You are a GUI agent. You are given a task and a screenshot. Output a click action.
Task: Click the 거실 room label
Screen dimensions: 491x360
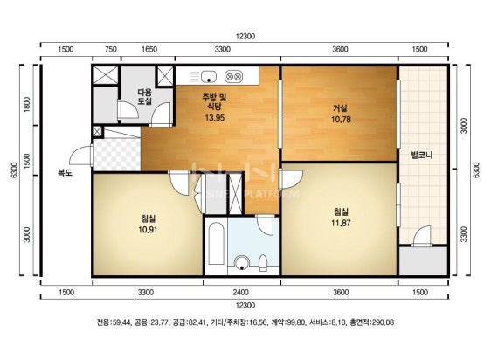tap(340, 108)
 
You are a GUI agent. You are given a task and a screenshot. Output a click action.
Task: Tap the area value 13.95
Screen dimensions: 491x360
tap(215, 118)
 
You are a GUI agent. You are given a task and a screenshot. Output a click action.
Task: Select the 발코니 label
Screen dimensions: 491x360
tap(421, 155)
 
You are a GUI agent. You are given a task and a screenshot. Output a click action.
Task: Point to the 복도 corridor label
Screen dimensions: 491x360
tap(65, 172)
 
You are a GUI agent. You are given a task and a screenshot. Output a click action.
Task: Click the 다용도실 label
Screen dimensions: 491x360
tap(145, 96)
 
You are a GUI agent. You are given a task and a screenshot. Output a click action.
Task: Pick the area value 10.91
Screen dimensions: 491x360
tap(148, 230)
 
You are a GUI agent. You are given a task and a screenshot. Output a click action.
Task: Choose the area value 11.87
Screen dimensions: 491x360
tap(341, 223)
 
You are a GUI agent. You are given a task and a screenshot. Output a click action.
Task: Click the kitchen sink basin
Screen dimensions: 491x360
tap(209, 76)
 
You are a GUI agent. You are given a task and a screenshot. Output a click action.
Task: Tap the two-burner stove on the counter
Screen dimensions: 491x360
tap(233, 76)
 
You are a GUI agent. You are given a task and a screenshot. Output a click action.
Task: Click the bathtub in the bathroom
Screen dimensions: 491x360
tap(217, 244)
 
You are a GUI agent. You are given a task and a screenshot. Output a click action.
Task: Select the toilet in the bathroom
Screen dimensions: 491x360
tap(263, 262)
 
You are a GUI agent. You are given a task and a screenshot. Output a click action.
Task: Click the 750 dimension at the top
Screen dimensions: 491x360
tap(111, 49)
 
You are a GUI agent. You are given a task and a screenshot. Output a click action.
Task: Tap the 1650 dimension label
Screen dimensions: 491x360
tap(149, 49)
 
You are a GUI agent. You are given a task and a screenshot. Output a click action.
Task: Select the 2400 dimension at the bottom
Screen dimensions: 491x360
tap(240, 293)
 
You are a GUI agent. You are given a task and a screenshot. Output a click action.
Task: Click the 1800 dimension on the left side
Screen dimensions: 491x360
tap(27, 105)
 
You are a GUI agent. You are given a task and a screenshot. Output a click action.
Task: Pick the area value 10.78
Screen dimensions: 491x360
tap(341, 120)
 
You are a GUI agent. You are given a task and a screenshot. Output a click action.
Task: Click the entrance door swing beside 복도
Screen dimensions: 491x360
tap(80, 155)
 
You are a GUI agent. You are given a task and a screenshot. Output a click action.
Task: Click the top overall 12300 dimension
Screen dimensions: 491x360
tap(245, 37)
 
